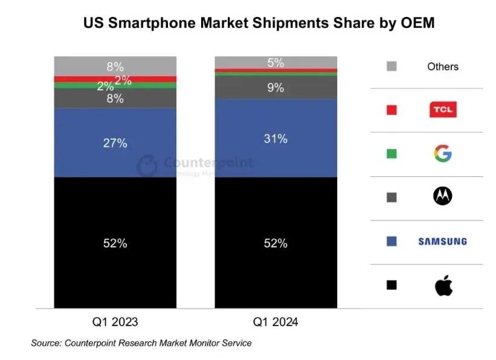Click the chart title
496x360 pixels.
point(259,23)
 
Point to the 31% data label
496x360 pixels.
point(276,139)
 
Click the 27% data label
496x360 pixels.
point(115,143)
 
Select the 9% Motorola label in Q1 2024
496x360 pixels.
point(276,88)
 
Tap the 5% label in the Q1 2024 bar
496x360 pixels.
point(276,62)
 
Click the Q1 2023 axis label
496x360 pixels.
point(115,322)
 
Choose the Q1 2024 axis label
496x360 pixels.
point(276,322)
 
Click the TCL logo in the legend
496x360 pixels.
point(443,110)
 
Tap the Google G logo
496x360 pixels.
point(443,153)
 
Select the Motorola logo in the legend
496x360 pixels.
point(443,196)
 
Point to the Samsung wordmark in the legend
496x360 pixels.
point(443,241)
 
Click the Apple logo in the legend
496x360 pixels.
point(443,285)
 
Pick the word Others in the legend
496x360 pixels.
point(443,66)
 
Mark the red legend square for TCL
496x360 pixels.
point(391,110)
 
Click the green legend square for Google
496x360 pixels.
point(391,153)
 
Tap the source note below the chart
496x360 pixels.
point(141,343)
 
